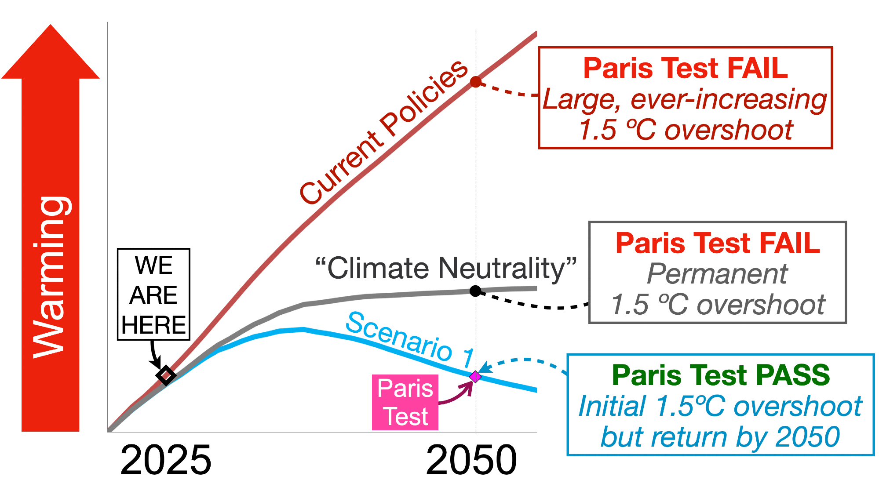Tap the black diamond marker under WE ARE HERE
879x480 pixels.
pos(166,375)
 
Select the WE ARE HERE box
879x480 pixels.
pos(153,295)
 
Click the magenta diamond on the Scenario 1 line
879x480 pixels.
pos(475,377)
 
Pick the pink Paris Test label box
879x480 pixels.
pos(405,402)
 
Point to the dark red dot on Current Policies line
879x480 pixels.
pos(475,82)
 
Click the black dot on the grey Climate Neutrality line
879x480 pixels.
pos(475,291)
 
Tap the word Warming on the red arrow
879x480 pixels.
pos(51,277)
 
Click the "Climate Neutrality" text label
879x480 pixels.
pos(446,268)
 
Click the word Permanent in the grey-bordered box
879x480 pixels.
pos(717,274)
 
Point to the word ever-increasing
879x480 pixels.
pos(729,99)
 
